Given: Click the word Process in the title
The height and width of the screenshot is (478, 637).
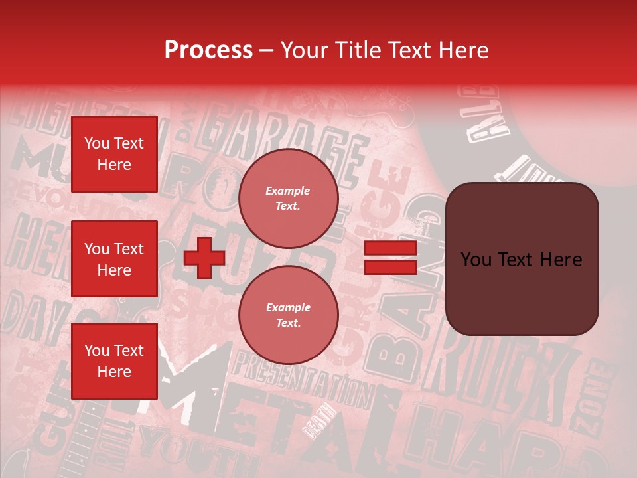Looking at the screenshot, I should coord(208,50).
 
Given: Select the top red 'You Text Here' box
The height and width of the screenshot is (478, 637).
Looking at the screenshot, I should coord(114,154).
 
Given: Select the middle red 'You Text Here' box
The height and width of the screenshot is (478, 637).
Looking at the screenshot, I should coord(114,259).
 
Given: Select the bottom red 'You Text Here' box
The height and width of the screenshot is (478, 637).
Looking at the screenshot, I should coord(114,360).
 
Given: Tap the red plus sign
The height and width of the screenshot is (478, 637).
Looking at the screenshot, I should coord(204,258).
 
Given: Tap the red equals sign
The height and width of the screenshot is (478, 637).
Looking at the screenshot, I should coord(390,258).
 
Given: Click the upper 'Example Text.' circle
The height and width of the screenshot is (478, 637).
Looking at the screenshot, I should coord(288,199).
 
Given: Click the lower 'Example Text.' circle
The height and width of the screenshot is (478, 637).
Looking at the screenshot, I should coord(288,315).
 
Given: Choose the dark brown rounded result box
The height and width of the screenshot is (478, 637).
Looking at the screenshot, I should coord(522,259).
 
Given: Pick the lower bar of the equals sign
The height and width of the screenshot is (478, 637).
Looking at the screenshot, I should coord(390,267).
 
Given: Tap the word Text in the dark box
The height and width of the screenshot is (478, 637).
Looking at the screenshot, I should coord(524,259).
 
